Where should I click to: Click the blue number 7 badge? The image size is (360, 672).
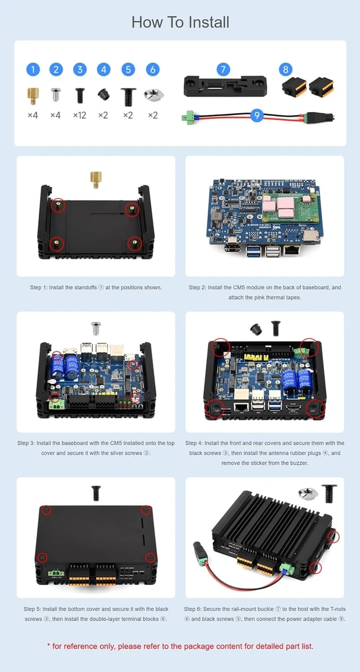[223, 69]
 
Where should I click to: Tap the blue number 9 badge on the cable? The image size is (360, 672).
[256, 115]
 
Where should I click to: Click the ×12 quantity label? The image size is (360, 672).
[80, 115]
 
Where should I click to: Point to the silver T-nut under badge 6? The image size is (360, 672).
[152, 94]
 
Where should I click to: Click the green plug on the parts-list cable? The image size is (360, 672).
[187, 116]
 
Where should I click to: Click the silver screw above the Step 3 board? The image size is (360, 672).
[96, 328]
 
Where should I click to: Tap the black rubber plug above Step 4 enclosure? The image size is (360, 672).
[256, 329]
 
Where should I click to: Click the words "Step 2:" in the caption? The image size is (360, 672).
[197, 287]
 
